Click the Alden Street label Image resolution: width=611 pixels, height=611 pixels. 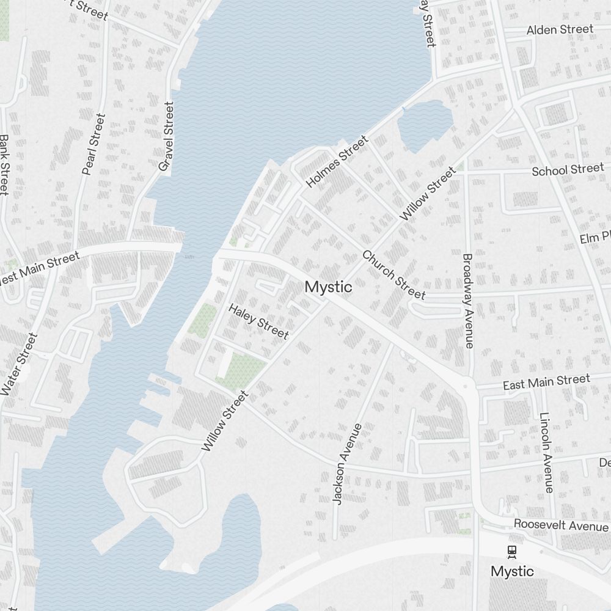point(560,29)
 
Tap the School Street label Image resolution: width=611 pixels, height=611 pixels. point(568,170)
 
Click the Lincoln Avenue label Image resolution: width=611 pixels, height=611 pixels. point(546,452)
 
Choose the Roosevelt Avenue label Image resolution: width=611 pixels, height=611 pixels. point(561,525)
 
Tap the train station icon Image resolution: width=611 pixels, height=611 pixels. point(512,552)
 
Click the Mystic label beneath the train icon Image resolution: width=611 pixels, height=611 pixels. point(512,572)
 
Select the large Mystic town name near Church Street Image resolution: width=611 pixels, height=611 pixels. point(328,287)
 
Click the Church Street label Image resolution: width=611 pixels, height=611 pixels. point(393,275)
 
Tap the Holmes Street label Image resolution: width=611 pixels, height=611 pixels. point(337,162)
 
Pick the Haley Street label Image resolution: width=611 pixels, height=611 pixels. point(258,321)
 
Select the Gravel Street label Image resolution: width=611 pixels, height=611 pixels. point(166,136)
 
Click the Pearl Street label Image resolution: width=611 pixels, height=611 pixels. point(93,144)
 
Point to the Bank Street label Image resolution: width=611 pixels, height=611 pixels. point(4,166)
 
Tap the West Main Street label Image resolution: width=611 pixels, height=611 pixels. point(40,269)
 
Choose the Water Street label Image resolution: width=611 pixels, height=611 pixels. point(19,364)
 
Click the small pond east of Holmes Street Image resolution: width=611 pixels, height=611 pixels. point(424,125)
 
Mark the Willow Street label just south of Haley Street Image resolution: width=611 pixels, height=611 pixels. point(225,422)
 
